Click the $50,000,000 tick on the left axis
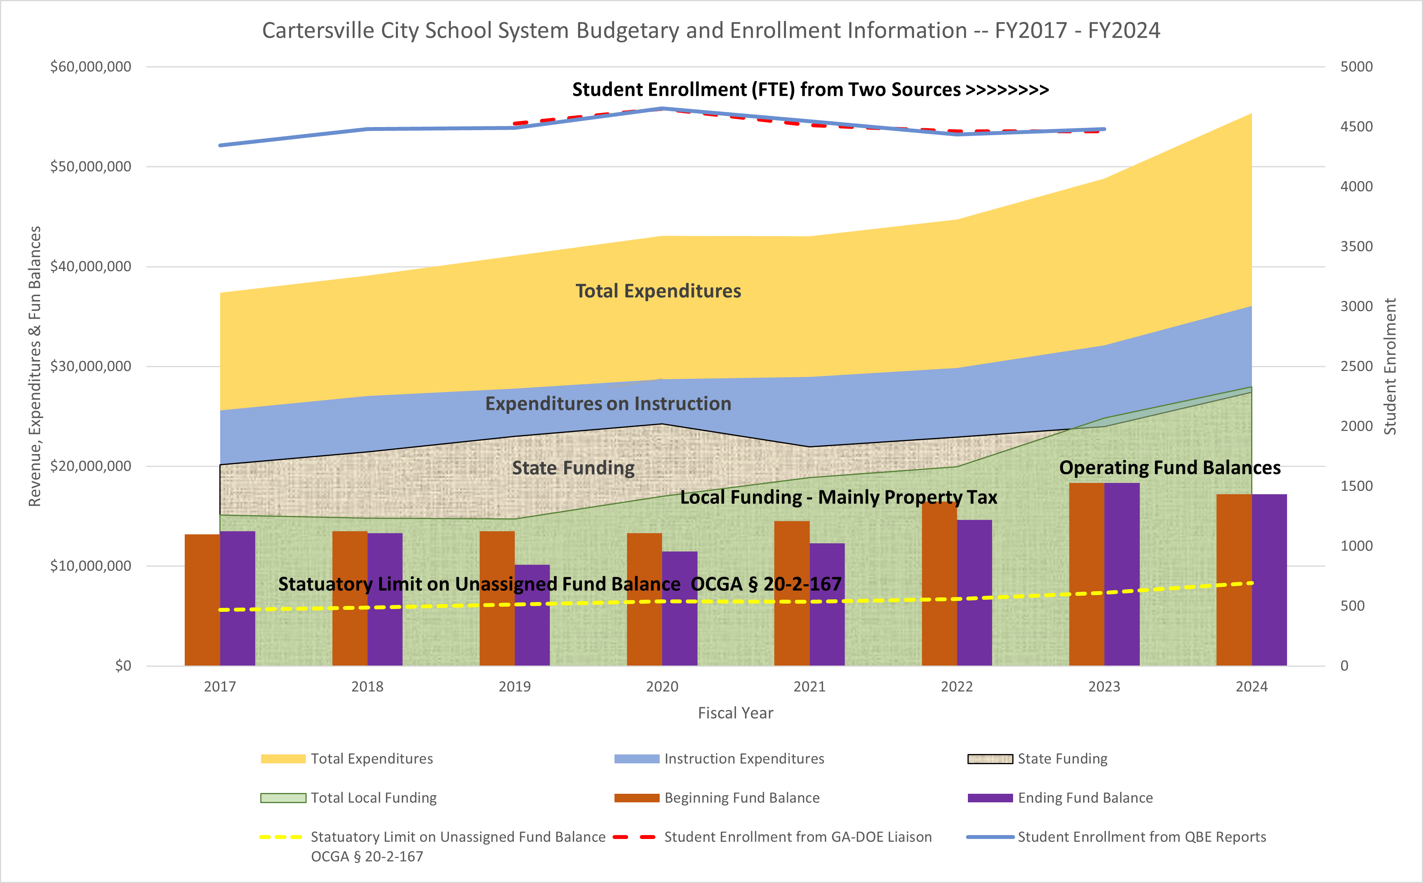coord(90,166)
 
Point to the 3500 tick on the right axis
coord(1356,246)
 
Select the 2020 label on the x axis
coord(662,687)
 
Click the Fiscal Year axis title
coord(735,713)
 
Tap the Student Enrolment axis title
coord(1390,366)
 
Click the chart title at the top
coord(711,30)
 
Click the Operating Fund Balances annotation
coord(1170,468)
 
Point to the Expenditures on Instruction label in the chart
coord(608,404)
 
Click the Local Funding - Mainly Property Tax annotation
coord(839,497)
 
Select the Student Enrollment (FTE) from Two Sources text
coord(810,89)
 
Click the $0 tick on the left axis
coord(123,666)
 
